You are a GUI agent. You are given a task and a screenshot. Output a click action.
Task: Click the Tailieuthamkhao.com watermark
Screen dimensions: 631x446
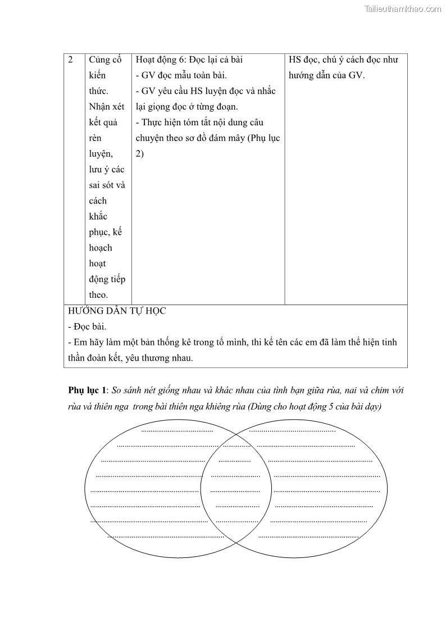(403, 9)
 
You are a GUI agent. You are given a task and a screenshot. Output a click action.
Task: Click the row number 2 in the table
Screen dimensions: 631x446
(71, 60)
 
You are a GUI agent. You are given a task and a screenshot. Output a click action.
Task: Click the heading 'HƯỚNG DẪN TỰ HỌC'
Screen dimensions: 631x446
(117, 311)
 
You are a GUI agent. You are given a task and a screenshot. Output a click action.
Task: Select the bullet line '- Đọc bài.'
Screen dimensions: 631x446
(87, 326)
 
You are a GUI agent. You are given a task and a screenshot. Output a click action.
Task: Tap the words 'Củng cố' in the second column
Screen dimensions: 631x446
(106, 60)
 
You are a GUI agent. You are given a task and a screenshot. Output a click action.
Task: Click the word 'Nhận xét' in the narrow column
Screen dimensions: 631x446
(107, 107)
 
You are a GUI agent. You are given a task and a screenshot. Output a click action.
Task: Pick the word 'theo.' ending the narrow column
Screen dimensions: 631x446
(98, 294)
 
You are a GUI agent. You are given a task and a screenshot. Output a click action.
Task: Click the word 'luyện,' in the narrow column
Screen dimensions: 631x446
(101, 153)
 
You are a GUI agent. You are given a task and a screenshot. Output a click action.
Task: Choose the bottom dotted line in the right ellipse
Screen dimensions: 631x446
(308, 537)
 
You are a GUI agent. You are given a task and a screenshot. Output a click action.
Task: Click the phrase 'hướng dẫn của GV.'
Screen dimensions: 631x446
(326, 75)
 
